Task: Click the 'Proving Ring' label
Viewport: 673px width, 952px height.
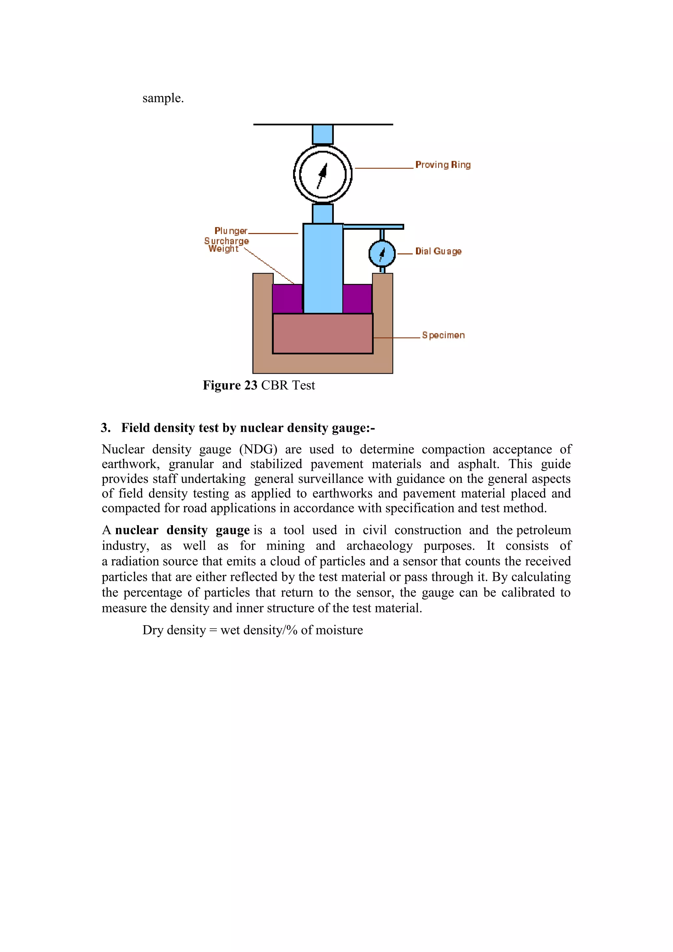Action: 443,165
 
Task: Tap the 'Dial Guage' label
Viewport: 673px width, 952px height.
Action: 438,251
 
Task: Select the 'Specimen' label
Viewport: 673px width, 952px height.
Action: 443,335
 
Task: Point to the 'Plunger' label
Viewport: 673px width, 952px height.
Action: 231,231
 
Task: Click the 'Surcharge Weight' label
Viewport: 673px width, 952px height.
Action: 226,245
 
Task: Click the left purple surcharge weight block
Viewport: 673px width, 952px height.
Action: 288,298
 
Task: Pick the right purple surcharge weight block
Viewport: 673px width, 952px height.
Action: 357,298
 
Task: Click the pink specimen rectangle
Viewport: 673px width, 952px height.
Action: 322,333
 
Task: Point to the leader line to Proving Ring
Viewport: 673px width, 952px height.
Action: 384,168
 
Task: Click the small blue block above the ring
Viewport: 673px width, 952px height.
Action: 322,134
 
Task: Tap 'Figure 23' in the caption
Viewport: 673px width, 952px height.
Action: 230,385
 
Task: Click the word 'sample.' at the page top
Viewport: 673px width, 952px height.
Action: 163,98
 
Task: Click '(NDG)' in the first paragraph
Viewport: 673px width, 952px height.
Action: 258,449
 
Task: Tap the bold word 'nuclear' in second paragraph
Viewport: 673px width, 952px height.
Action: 137,530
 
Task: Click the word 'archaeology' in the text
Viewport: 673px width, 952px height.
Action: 379,546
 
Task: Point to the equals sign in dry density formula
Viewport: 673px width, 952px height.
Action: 213,630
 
